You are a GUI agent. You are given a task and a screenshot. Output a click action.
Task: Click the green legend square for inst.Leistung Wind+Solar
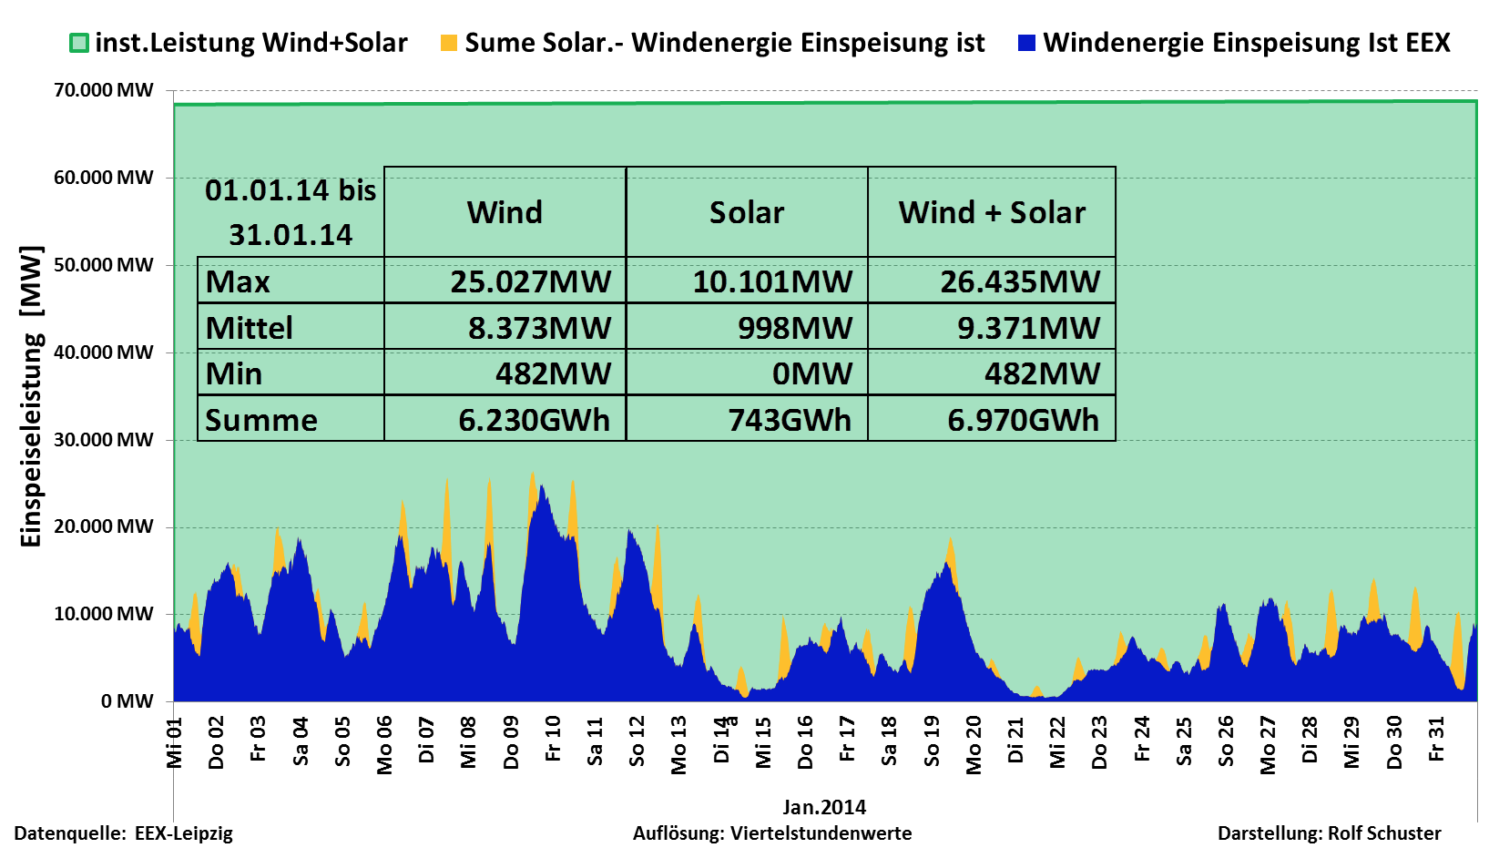79,43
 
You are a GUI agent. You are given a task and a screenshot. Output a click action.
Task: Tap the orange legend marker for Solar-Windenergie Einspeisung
448,43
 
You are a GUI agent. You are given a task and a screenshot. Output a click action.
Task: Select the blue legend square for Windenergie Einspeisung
1026,43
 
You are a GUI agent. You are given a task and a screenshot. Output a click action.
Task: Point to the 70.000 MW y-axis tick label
104,90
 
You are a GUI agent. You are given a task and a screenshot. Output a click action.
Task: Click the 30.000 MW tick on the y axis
104,440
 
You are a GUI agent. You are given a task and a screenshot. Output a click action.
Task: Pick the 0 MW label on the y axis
127,701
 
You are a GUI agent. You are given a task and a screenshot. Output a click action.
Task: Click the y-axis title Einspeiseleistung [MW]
31,396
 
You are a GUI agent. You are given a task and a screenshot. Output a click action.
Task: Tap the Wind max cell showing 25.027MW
530,281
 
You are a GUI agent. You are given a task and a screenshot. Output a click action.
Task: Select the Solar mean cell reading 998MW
794,328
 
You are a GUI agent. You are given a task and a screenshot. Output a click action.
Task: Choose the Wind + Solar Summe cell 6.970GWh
1023,420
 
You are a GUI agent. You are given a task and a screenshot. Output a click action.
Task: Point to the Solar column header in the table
747,212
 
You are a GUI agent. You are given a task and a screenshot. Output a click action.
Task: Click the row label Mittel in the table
250,328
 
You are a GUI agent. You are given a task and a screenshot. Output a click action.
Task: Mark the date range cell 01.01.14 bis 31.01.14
291,212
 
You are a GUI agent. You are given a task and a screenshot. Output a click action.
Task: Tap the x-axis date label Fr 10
553,739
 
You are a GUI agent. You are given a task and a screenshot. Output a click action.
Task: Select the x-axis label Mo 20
974,744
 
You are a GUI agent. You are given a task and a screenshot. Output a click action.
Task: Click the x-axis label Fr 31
1436,739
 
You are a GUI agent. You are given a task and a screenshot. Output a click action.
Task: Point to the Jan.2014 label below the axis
824,807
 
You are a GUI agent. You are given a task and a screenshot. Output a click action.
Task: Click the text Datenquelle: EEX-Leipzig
124,833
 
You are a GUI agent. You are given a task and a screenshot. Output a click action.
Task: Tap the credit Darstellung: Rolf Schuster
1329,833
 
